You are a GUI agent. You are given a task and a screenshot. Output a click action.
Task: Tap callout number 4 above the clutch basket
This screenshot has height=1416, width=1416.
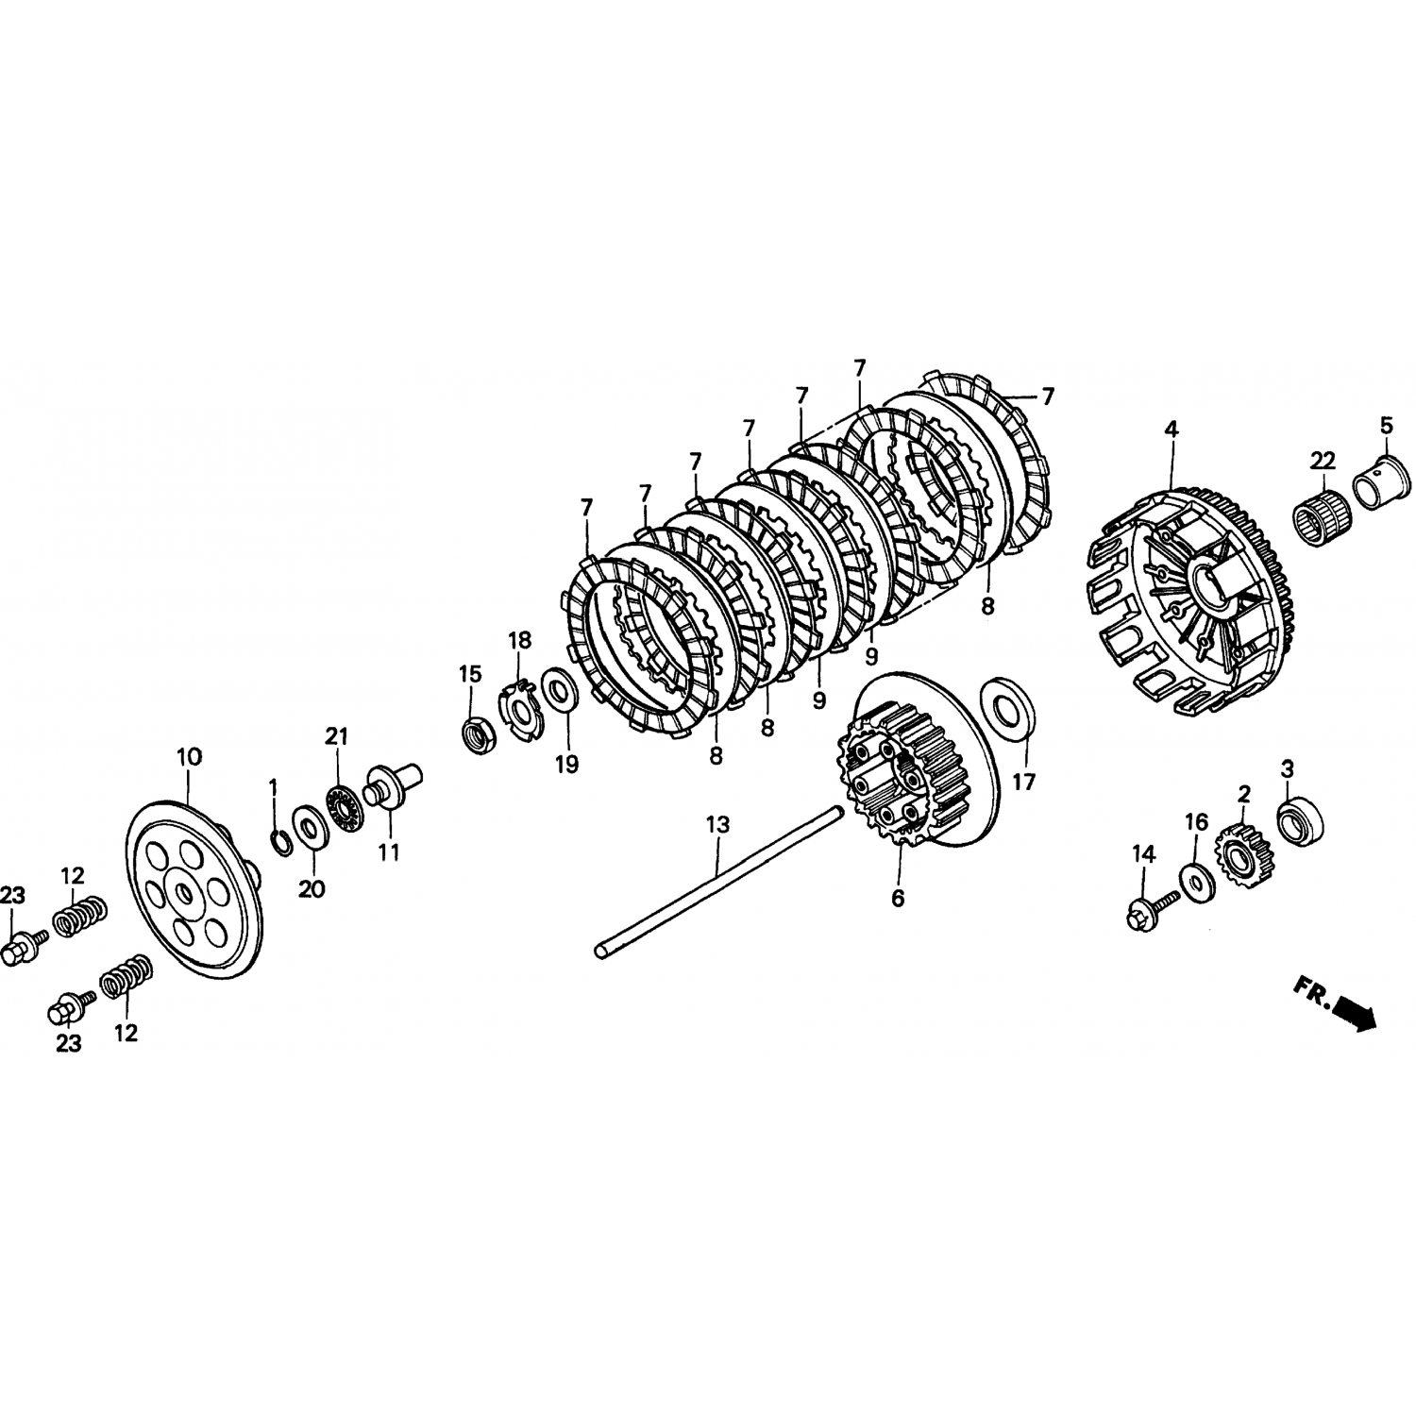click(x=1171, y=430)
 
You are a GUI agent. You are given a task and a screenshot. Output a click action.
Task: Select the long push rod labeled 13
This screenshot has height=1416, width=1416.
click(x=717, y=879)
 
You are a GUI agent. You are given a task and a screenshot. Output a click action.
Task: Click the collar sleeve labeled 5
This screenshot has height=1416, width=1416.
click(x=1378, y=481)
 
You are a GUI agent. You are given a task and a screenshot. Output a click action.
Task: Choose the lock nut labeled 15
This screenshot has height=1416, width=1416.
click(x=477, y=734)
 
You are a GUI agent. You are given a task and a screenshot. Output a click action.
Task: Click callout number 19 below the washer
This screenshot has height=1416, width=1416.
click(x=565, y=764)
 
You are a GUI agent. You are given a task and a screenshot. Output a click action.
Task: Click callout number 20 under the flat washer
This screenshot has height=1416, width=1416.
click(x=312, y=888)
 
